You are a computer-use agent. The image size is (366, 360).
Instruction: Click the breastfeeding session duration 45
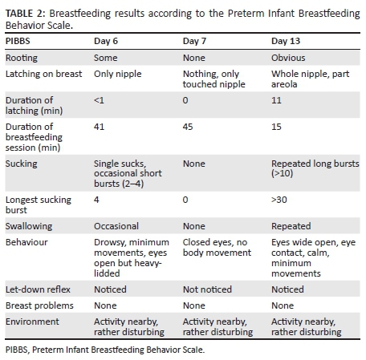[x=188, y=125]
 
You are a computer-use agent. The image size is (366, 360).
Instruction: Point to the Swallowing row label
[x=28, y=226]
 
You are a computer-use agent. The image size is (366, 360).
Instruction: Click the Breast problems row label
[x=39, y=305]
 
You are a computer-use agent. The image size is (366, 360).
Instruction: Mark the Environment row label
[x=32, y=321]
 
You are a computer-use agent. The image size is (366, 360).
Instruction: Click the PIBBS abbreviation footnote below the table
[x=103, y=349]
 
